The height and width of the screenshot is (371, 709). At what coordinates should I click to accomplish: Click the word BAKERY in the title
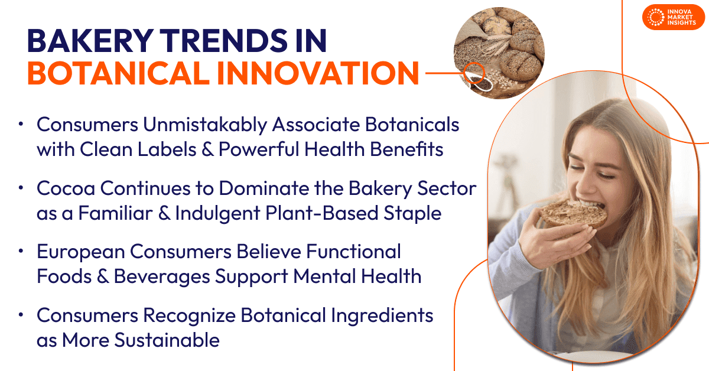tap(90, 41)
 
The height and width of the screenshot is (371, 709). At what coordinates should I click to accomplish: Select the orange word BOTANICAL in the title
tap(118, 73)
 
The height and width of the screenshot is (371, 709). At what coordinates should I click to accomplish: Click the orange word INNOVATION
tap(318, 73)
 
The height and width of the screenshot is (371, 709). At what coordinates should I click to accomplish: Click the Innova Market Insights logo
tap(673, 17)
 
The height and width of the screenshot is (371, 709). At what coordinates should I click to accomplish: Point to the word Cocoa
tap(66, 188)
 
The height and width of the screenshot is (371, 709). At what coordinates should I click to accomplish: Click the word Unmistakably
tap(205, 125)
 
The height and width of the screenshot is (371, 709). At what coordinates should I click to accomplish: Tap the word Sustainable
tap(167, 340)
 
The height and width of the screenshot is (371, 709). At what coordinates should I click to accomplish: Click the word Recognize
tap(189, 316)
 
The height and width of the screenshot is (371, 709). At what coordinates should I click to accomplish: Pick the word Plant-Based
tap(321, 213)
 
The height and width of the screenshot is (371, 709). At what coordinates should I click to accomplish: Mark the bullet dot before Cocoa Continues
tap(21, 188)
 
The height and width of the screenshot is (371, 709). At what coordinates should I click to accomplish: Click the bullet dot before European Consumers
tap(21, 251)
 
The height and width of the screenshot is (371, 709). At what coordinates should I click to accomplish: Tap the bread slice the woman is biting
tap(574, 214)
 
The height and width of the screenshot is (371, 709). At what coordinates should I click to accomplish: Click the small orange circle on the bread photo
tap(474, 73)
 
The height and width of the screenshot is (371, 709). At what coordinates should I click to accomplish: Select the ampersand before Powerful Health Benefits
tap(207, 149)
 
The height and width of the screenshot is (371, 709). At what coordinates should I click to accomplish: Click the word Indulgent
tap(218, 213)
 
